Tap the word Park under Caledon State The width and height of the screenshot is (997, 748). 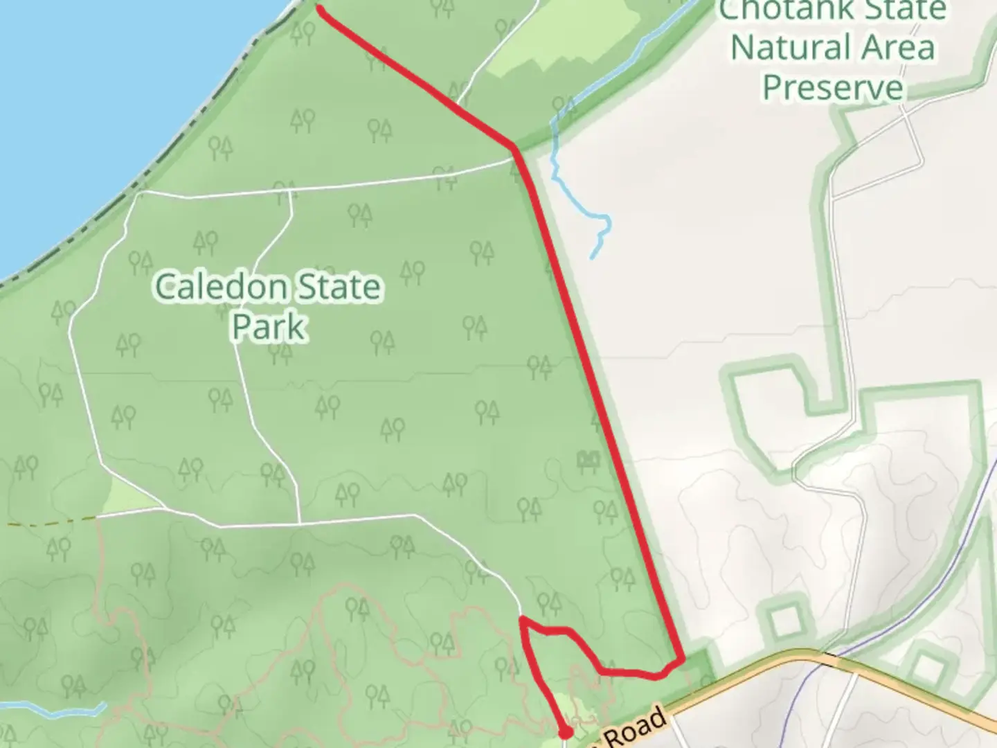coord(268,327)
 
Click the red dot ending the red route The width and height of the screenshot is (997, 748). coord(566,731)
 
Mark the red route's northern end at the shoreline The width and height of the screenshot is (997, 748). coord(320,8)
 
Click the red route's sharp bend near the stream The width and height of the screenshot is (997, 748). coord(514,147)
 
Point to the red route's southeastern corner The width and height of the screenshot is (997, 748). coord(683,661)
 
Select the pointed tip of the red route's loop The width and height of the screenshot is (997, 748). coord(521,618)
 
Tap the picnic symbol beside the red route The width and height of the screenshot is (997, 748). coord(587,460)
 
